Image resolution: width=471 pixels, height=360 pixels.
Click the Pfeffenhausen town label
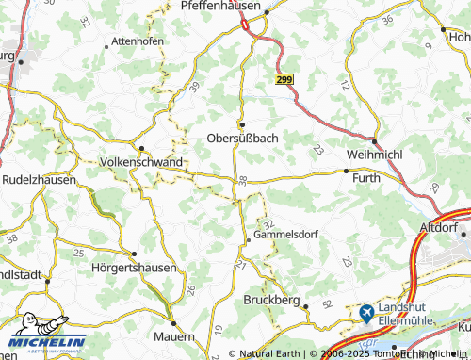pyautogui.click(x=224, y=6)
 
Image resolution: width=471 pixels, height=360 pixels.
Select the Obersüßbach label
pyautogui.click(x=243, y=139)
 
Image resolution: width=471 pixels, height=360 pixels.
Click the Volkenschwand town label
pyautogui.click(x=140, y=162)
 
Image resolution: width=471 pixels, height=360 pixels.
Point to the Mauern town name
pyautogui.click(x=175, y=335)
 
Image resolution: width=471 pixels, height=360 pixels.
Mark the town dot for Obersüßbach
pyautogui.click(x=242, y=123)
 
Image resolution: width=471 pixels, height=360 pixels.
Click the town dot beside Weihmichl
pyautogui.click(x=375, y=141)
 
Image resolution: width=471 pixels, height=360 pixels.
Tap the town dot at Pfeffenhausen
pyautogui.click(x=267, y=13)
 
